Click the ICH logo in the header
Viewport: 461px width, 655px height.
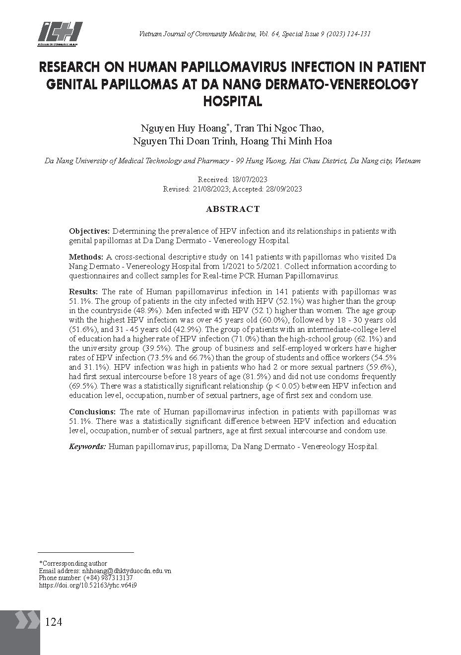coord(60,34)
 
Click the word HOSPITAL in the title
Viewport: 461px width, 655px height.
coord(232,101)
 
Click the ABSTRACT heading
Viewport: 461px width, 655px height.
coord(232,209)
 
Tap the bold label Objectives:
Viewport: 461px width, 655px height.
coord(89,231)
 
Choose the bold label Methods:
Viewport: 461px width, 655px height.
coord(86,257)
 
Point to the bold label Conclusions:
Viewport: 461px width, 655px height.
coord(92,412)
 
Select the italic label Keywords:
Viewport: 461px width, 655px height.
coord(87,447)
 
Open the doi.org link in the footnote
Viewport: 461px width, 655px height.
coord(88,585)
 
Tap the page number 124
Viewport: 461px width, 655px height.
coord(54,622)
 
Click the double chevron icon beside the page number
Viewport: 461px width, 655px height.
coord(27,621)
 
